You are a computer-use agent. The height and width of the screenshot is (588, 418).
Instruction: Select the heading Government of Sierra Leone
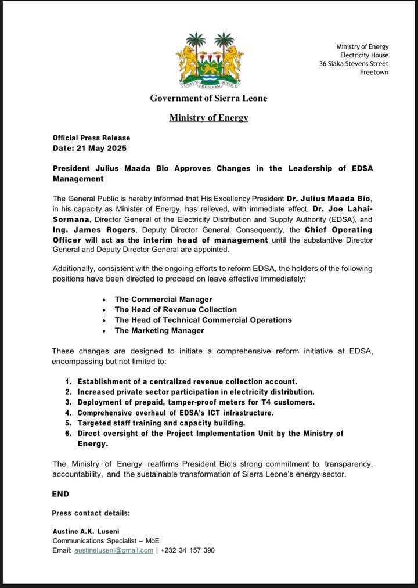coord(208,98)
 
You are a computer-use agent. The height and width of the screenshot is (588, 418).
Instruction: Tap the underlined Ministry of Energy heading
coord(208,118)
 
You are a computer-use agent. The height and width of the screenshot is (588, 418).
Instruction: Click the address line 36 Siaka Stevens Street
coord(354,64)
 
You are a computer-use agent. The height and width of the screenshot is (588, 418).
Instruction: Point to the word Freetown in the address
coord(374,73)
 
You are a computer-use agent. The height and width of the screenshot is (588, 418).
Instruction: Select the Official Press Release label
coord(91,138)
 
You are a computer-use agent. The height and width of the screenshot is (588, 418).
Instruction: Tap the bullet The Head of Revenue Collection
coord(175,310)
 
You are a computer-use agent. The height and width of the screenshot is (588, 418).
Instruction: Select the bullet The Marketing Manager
coord(159,331)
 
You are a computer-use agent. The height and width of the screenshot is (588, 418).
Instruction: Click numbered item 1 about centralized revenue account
coord(187,381)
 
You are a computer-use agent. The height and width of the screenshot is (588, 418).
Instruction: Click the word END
coord(60,494)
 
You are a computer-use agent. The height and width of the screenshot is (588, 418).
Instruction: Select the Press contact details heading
coord(91,513)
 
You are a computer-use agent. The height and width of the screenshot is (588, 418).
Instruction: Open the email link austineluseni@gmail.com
coord(113,550)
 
